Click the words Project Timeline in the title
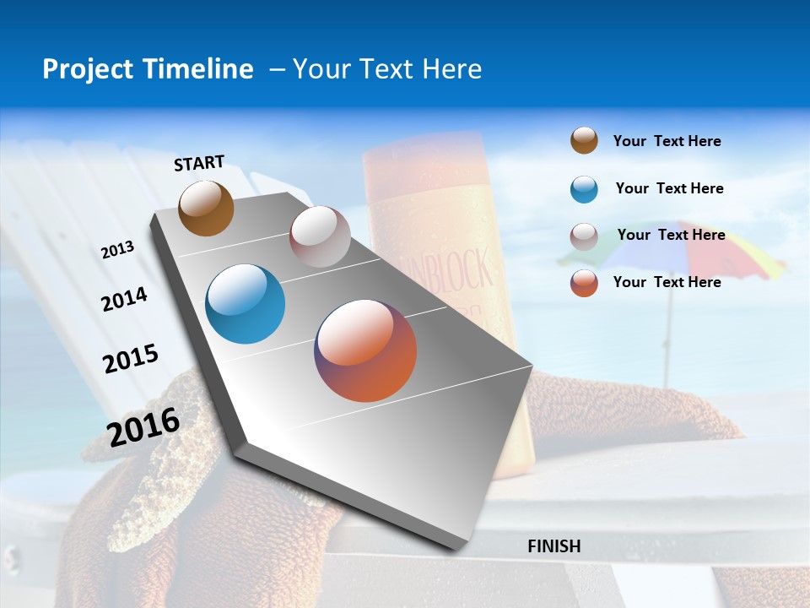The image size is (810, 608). click(x=148, y=69)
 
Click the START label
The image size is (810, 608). click(x=199, y=163)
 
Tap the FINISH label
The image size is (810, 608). click(x=553, y=546)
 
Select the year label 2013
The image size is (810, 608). click(x=117, y=250)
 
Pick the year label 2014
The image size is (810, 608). click(x=124, y=299)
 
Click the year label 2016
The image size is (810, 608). click(x=143, y=426)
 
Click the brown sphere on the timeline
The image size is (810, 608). click(x=206, y=208)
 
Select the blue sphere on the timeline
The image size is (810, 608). click(x=246, y=304)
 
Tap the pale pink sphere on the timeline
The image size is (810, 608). click(x=320, y=236)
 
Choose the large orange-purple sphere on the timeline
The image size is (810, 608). click(x=365, y=350)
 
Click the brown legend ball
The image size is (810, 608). click(x=584, y=141)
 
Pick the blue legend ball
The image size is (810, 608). click(x=584, y=189)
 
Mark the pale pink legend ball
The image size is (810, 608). click(x=584, y=236)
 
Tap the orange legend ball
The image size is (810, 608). click(x=584, y=283)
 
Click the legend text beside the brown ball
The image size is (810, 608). click(x=667, y=141)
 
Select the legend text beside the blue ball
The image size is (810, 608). click(x=669, y=188)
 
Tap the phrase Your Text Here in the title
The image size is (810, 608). click(x=386, y=69)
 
